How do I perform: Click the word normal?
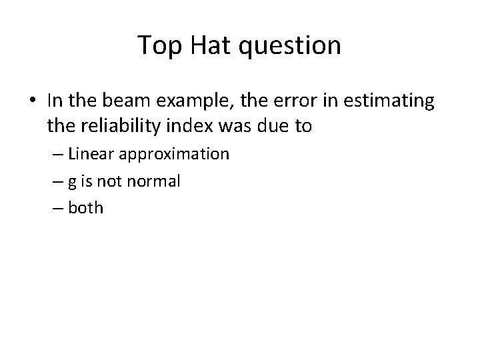pos(156,181)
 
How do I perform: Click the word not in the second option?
pos(115,181)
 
